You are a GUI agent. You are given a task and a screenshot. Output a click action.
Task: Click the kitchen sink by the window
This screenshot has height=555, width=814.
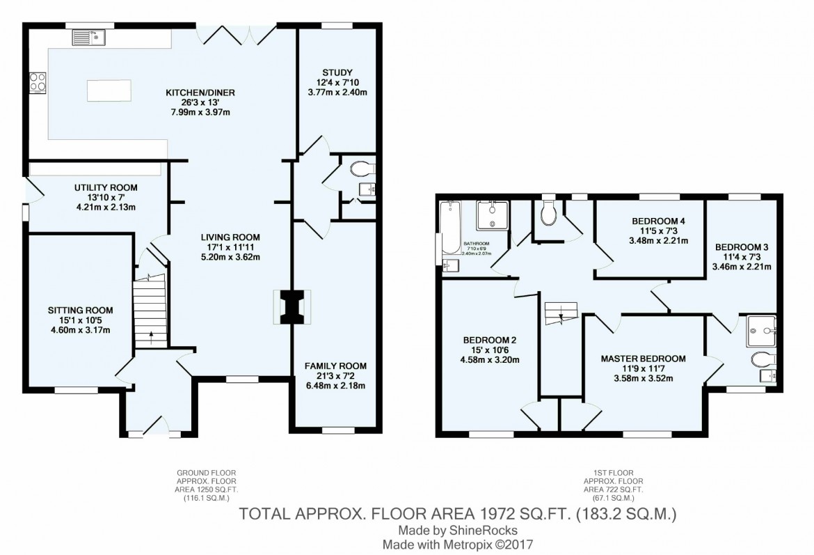coord(87,37)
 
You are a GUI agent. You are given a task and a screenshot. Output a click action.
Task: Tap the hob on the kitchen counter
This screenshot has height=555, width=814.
coord(38,82)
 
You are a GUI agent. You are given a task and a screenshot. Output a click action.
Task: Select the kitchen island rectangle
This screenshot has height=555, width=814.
coord(109,90)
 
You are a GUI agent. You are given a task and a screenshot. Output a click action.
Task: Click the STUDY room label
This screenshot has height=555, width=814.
coord(337,72)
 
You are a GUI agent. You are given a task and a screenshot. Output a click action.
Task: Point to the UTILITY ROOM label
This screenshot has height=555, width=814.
coord(106,187)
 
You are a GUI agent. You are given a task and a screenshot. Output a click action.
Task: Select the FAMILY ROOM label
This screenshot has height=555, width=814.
coord(336,366)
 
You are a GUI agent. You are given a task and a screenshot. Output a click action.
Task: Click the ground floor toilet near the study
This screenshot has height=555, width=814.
coord(362,168)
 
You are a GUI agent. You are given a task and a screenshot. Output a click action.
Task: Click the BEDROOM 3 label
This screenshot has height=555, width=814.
coord(742,247)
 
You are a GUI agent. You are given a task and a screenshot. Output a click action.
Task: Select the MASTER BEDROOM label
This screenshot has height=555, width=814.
coord(644,359)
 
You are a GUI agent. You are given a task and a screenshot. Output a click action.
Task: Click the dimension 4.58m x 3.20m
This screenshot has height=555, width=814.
coord(490,360)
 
